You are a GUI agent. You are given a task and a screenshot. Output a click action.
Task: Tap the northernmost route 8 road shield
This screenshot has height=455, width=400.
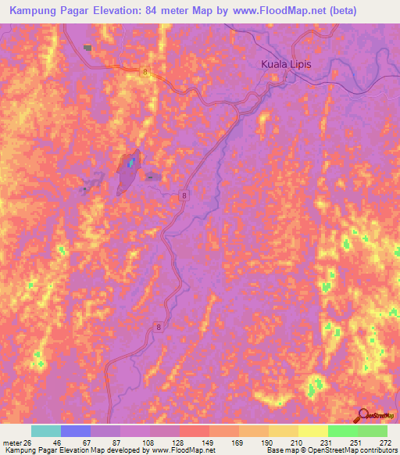[145, 72]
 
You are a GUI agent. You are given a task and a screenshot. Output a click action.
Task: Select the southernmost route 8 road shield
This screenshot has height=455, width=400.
[159, 328]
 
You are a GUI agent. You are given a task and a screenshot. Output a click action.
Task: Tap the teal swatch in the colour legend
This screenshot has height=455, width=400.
[46, 431]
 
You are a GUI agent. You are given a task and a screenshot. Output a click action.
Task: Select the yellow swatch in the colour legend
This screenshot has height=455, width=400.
[312, 431]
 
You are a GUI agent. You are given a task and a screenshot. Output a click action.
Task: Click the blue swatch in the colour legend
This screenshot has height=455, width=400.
[76, 431]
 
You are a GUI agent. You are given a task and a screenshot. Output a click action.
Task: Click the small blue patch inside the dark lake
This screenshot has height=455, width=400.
[130, 163]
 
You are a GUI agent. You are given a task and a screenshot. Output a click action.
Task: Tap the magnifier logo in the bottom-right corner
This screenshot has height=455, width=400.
[363, 415]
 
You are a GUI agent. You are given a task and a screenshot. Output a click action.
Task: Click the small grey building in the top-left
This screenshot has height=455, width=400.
[87, 48]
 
